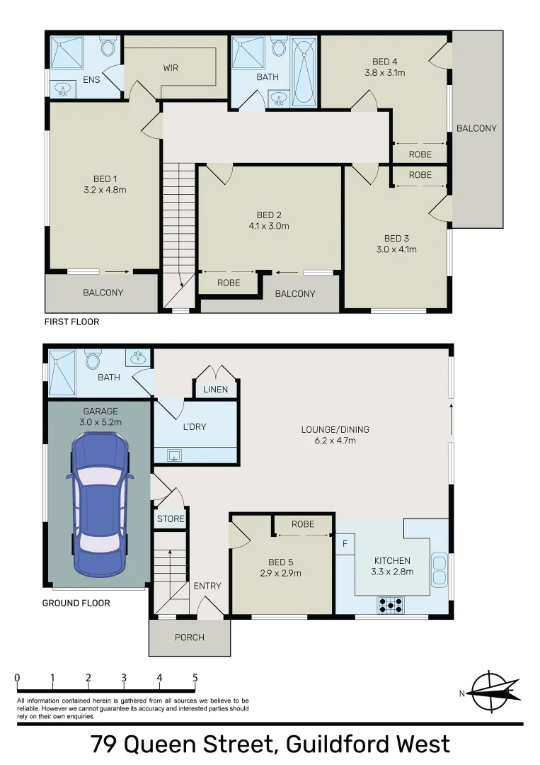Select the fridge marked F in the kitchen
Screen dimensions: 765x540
click(x=345, y=544)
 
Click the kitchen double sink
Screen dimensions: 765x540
click(x=439, y=569)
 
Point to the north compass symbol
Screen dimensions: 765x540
click(x=491, y=691)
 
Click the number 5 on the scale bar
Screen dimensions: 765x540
click(x=195, y=678)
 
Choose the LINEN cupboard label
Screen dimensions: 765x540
click(x=216, y=390)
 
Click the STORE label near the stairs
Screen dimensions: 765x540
click(x=171, y=518)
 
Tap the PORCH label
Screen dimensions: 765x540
click(x=189, y=637)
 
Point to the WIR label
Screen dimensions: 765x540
click(x=171, y=68)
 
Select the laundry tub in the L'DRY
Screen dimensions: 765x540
click(x=175, y=455)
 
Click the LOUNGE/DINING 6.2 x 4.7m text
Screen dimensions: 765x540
click(x=335, y=435)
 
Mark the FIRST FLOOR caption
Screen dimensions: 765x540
click(x=71, y=322)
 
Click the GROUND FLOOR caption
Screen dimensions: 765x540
click(x=76, y=603)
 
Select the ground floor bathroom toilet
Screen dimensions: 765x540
click(x=92, y=360)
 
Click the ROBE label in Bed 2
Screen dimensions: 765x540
click(x=229, y=283)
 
